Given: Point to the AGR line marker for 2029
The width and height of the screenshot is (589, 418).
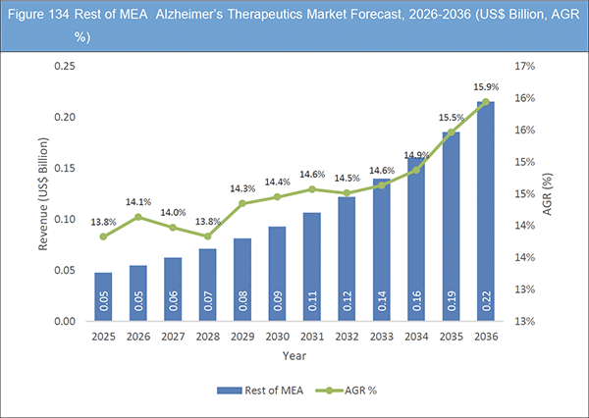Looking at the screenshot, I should click(242, 203).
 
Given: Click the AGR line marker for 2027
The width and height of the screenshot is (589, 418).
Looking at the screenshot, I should click(174, 228).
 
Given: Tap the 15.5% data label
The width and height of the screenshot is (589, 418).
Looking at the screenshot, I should click(453, 118).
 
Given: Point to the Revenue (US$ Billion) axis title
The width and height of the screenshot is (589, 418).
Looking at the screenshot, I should click(45, 192).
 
